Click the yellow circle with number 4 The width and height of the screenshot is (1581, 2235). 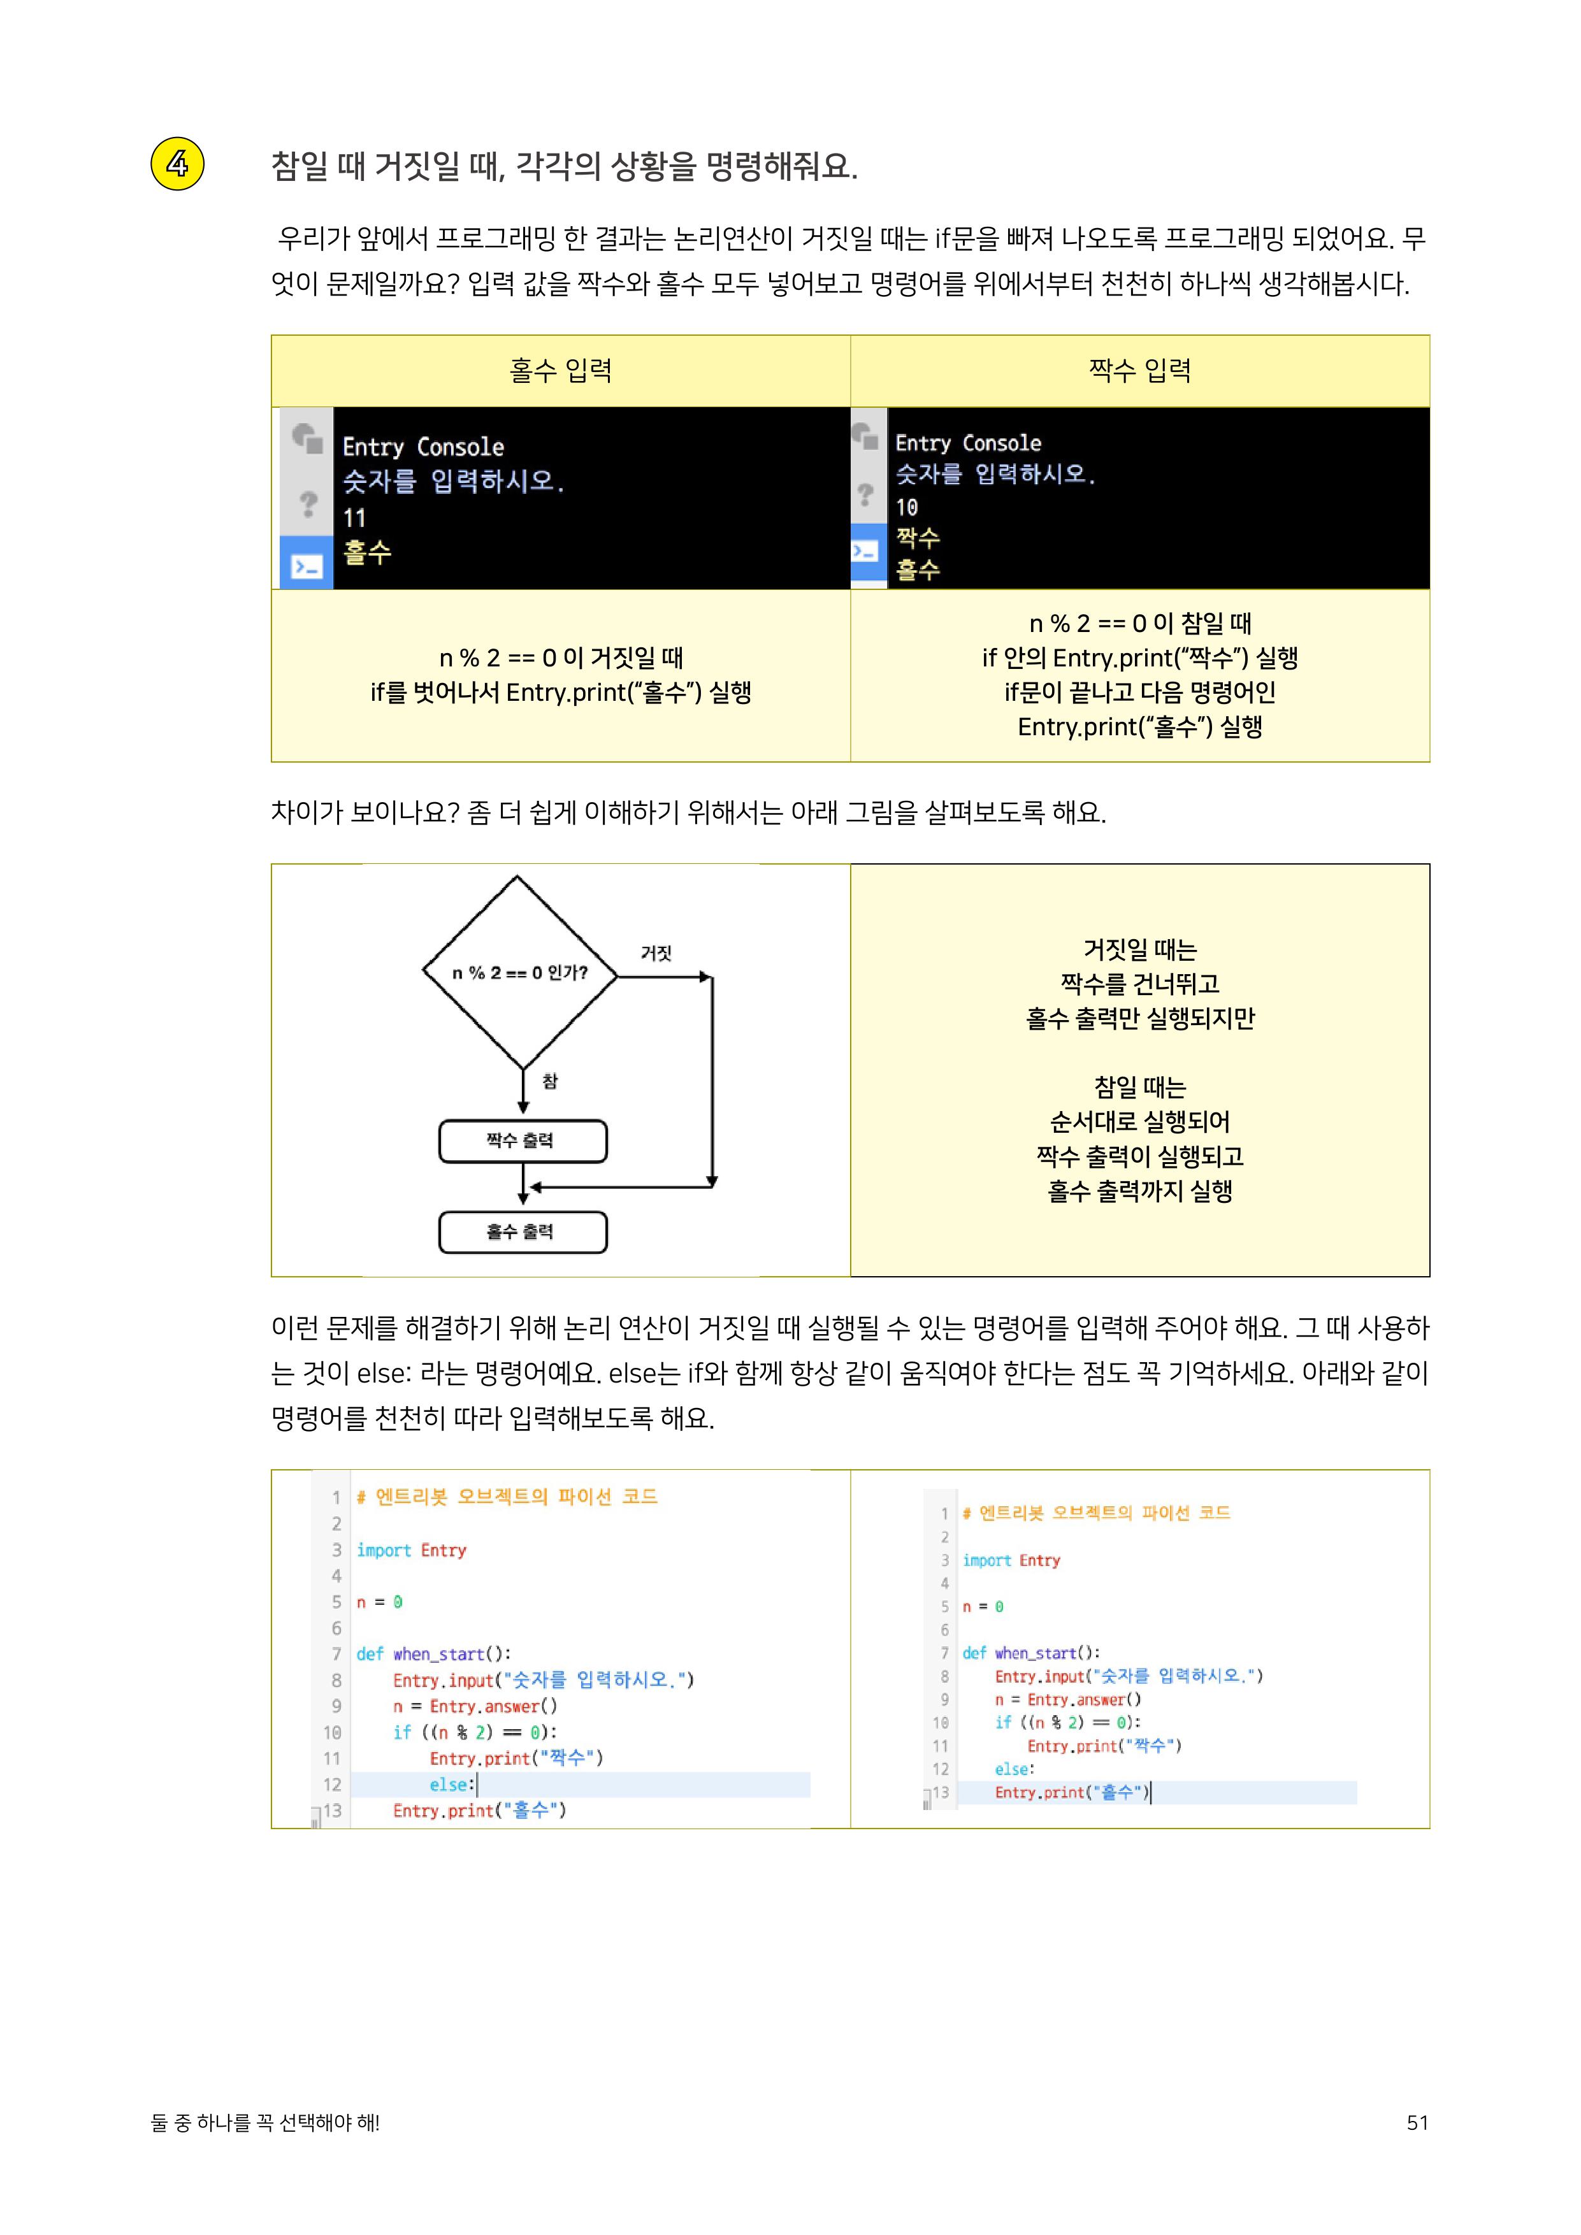point(177,164)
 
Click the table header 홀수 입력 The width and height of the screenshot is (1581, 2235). point(561,371)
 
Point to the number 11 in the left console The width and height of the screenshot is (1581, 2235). point(354,519)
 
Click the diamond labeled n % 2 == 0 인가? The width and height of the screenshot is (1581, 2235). point(520,972)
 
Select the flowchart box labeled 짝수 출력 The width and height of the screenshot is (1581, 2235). point(523,1141)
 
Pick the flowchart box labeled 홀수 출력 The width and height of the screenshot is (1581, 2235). point(523,1232)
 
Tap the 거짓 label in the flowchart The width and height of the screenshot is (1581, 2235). point(656,953)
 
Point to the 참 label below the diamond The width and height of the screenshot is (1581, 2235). point(550,1081)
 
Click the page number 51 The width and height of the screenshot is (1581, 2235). point(1417,2123)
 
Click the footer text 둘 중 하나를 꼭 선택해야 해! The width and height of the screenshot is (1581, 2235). point(266,2123)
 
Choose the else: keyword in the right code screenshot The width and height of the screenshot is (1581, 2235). point(1014,1769)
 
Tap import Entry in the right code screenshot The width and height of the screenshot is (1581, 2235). point(1011,1560)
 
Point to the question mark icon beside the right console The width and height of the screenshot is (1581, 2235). point(865,494)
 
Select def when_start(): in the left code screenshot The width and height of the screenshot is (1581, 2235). point(433,1654)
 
